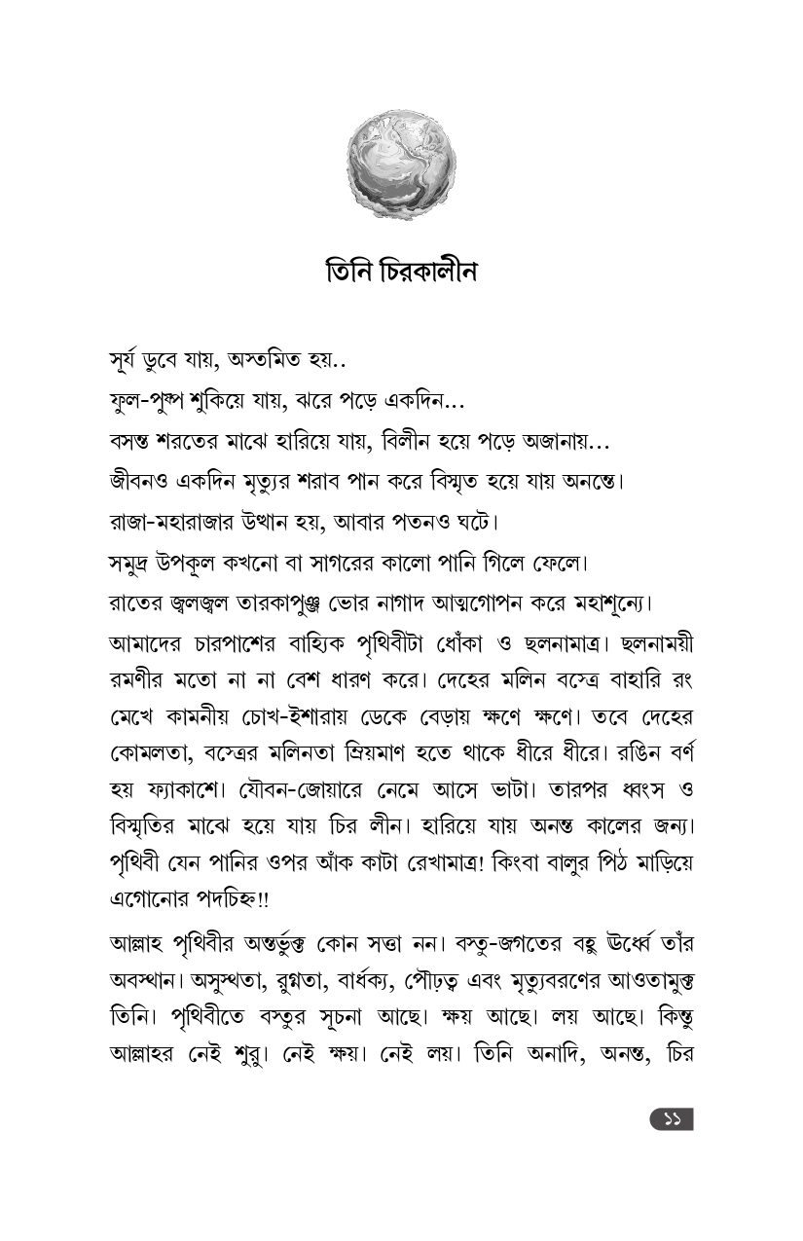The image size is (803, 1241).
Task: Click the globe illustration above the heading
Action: point(401,164)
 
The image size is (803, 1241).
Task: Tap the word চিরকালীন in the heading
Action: point(424,271)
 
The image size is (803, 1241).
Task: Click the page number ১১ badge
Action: point(672,1120)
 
